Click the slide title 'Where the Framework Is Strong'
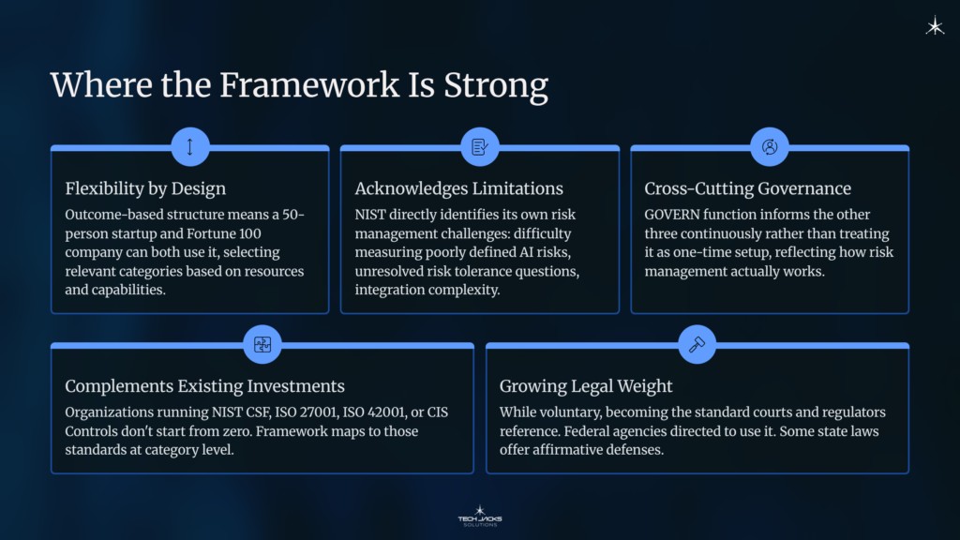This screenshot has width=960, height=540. pos(299,85)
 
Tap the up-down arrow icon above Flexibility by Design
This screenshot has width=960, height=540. pos(190,147)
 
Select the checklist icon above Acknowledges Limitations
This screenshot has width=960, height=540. pos(480,147)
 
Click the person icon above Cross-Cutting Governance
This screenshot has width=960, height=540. pos(770,147)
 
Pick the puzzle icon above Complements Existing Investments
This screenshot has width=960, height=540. pos(262,344)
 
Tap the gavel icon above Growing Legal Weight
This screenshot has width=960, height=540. pos(697,344)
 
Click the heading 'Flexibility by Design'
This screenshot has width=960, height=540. pos(145,188)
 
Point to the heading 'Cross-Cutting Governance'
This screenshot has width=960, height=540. pos(747,188)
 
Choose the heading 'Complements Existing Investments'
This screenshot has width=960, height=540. pos(204,386)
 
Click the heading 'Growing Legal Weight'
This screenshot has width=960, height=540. pos(587,386)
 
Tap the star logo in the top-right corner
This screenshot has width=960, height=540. pos(935,27)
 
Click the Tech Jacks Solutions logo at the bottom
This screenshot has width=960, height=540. pos(479,516)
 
